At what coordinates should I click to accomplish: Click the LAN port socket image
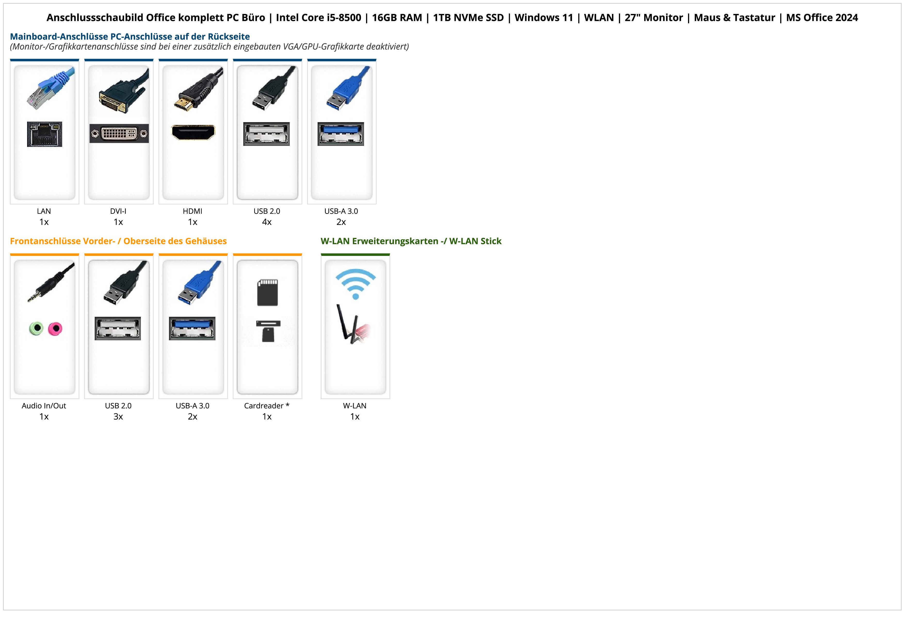pyautogui.click(x=45, y=134)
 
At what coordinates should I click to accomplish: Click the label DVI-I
pyautogui.click(x=118, y=211)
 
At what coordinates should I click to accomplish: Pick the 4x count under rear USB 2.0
pyautogui.click(x=267, y=222)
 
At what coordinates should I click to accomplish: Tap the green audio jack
pyautogui.click(x=36, y=328)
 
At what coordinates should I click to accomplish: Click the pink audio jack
pyautogui.click(x=55, y=328)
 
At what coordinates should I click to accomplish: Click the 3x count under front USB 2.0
pyautogui.click(x=118, y=416)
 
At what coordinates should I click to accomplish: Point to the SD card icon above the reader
pyautogui.click(x=267, y=293)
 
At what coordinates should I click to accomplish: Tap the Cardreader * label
pyautogui.click(x=267, y=406)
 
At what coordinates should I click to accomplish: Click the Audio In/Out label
pyautogui.click(x=44, y=406)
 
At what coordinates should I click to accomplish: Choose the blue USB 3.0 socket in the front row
pyautogui.click(x=192, y=328)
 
